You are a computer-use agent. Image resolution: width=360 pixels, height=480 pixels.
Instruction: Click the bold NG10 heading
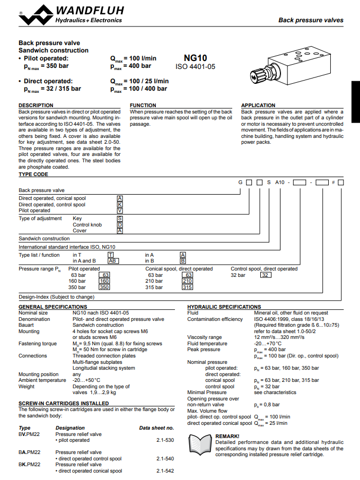click(x=195, y=58)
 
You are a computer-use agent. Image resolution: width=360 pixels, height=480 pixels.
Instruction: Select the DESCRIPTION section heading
click(x=36, y=106)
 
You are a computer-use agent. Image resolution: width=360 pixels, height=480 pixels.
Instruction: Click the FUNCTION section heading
click(x=143, y=106)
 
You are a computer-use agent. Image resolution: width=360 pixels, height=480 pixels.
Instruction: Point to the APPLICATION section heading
click(x=258, y=106)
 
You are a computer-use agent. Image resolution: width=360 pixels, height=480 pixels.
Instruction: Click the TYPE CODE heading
click(x=33, y=174)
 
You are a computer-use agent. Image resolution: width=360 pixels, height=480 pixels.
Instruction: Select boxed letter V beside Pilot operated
click(x=120, y=211)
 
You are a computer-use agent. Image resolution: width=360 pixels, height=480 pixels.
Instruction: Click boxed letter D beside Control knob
click(x=120, y=224)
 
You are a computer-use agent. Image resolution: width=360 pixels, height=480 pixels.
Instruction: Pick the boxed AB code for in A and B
click(x=113, y=260)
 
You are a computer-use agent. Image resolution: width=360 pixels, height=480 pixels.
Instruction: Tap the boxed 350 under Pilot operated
click(x=104, y=287)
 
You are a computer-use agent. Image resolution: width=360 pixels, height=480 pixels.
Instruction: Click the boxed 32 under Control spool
click(x=266, y=275)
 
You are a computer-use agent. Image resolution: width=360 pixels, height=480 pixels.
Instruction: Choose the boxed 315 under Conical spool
click(x=187, y=287)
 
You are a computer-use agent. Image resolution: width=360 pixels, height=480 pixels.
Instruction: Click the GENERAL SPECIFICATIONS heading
click(x=53, y=307)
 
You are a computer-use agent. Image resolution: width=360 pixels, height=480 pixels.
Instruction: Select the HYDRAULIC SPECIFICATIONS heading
click(x=224, y=307)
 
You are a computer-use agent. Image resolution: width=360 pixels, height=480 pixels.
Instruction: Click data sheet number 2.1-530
click(x=165, y=440)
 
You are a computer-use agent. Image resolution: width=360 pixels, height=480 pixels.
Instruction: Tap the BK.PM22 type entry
click(x=30, y=465)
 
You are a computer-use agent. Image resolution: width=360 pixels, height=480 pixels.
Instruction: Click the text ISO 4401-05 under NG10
click(x=195, y=67)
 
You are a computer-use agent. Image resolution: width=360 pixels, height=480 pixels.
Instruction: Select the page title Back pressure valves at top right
click(x=311, y=20)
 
